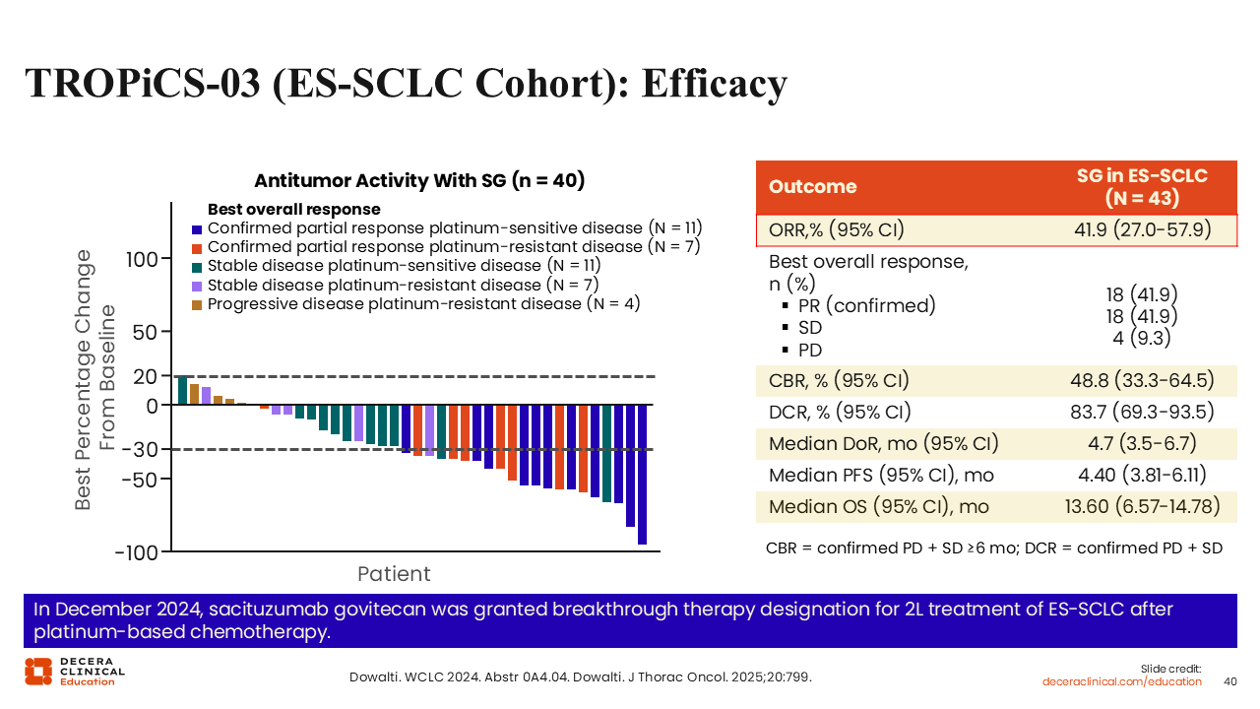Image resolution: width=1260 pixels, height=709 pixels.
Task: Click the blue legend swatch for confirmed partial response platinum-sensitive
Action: pyautogui.click(x=197, y=228)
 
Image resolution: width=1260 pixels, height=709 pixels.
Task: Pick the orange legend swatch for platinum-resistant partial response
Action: pyautogui.click(x=197, y=247)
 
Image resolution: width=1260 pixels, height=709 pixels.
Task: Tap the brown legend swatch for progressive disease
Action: pyautogui.click(x=197, y=304)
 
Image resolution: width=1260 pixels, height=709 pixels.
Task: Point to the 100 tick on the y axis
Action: pyautogui.click(x=142, y=259)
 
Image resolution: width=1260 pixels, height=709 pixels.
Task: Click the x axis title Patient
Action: pyautogui.click(x=394, y=574)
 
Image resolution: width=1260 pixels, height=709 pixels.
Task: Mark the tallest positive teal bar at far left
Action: pyautogui.click(x=182, y=390)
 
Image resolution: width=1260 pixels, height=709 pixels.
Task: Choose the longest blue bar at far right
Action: pyautogui.click(x=642, y=474)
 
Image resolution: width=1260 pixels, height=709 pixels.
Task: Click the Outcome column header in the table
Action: pyautogui.click(x=812, y=187)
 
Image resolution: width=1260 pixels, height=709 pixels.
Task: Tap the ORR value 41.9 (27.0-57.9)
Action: pyautogui.click(x=1142, y=231)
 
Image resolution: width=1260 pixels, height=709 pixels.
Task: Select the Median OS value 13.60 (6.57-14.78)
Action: pyautogui.click(x=1142, y=507)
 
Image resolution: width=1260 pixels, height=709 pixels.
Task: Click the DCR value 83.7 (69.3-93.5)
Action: pyautogui.click(x=1142, y=412)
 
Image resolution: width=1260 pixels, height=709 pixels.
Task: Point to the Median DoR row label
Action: pyautogui.click(x=883, y=444)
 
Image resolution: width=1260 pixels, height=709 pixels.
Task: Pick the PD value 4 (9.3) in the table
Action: pyautogui.click(x=1142, y=337)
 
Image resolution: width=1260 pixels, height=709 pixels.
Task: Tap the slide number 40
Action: pyautogui.click(x=1229, y=681)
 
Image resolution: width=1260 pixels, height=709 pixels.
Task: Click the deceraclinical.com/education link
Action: pyautogui.click(x=1122, y=681)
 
